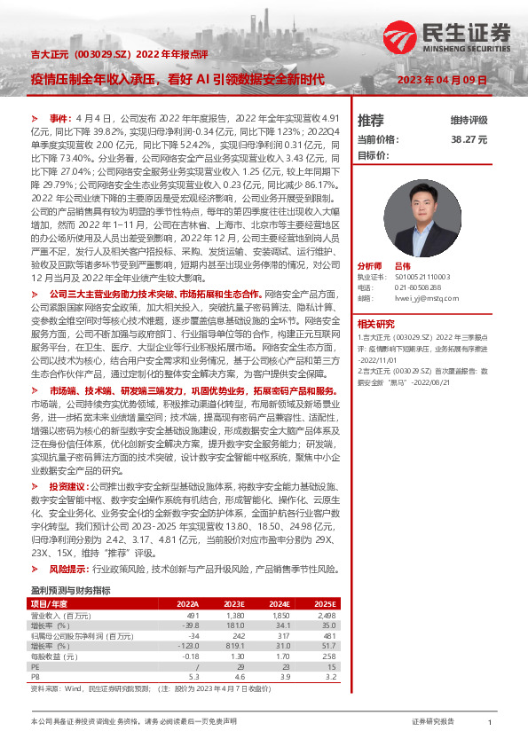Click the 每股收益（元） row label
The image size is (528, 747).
pos(57,657)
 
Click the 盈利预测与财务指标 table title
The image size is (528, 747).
pos(70,590)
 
